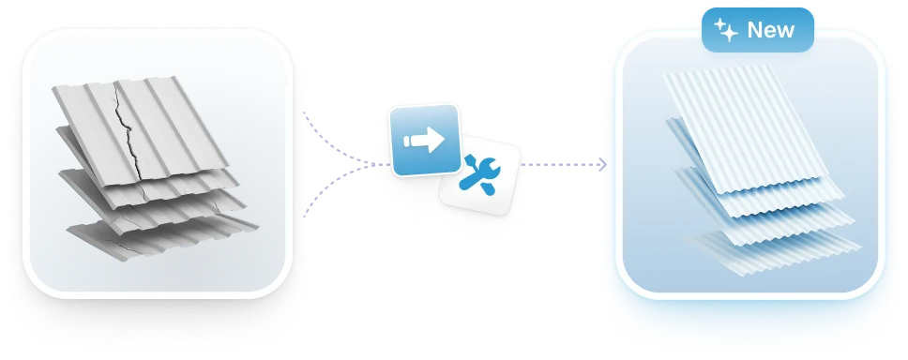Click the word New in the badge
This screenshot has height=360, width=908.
[x=771, y=29]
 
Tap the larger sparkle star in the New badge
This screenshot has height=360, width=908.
[x=729, y=34]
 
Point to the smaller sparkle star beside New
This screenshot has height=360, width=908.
[x=719, y=23]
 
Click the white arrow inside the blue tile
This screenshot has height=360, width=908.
[x=425, y=141]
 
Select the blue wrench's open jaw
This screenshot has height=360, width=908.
[x=492, y=169]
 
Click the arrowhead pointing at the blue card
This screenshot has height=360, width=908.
[x=603, y=165]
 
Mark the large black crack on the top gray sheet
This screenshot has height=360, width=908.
[x=129, y=132]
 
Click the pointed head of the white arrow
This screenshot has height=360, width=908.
[x=436, y=141]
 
